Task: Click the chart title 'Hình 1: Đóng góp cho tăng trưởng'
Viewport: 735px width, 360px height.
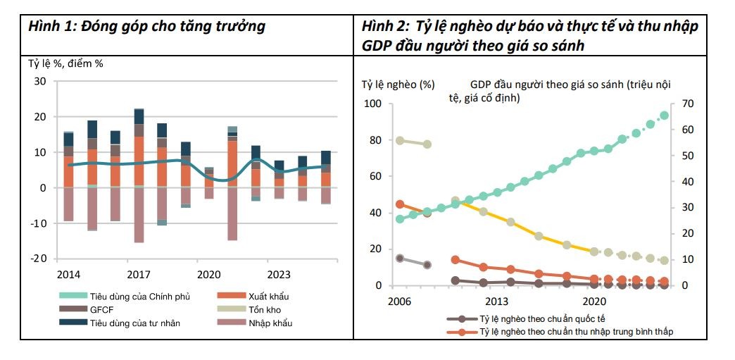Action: (x=146, y=27)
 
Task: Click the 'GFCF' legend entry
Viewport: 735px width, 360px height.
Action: (x=89, y=310)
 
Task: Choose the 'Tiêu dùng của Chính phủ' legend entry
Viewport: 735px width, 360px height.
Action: (x=130, y=297)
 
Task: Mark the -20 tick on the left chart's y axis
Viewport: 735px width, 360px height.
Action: (x=39, y=259)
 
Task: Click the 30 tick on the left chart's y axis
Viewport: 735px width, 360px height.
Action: (x=41, y=82)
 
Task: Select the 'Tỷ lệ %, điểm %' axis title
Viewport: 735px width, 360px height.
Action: (x=65, y=63)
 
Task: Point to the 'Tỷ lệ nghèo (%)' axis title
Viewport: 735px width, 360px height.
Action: (x=398, y=85)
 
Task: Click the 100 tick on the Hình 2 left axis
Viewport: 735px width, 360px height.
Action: (x=372, y=104)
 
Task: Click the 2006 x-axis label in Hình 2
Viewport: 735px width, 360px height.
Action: (x=400, y=299)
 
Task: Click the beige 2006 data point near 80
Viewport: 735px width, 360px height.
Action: (x=400, y=141)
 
